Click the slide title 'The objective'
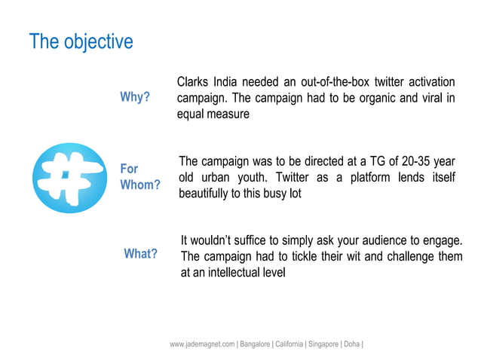click(81, 41)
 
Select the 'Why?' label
click(135, 98)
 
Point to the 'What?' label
click(140, 255)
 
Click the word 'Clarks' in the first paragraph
click(192, 82)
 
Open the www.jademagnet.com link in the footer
click(202, 344)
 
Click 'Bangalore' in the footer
click(257, 344)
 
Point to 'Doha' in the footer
click(352, 344)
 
